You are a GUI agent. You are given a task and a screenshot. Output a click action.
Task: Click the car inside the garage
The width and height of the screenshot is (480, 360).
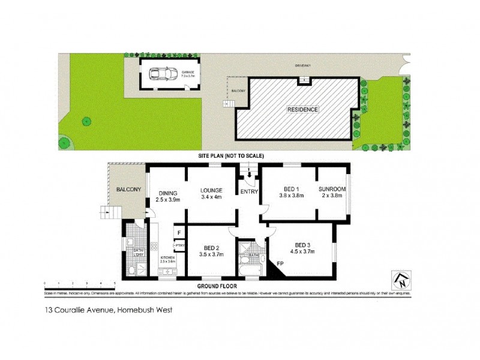coord(160,73)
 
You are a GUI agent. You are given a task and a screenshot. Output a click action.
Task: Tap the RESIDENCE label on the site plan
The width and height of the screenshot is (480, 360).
coord(302,110)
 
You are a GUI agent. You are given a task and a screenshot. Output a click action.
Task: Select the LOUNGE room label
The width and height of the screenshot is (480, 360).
coord(212,191)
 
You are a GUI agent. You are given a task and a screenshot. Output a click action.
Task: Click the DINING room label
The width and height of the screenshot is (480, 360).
coord(167,193)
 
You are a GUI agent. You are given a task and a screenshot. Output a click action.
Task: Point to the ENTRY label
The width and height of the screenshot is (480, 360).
coord(248,191)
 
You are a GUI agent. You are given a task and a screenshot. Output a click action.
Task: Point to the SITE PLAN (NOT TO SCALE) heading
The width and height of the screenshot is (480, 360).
coord(231,155)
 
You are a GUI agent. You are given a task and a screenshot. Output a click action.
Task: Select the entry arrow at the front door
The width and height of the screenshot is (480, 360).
coord(249,175)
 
